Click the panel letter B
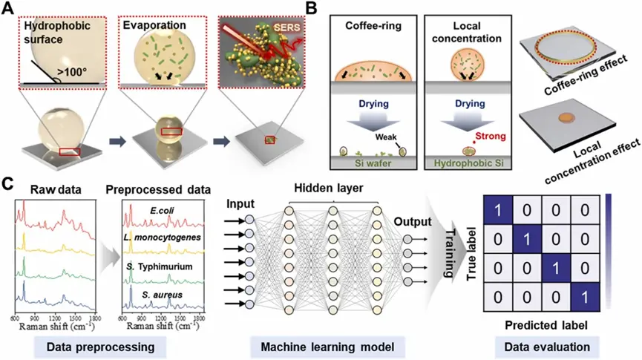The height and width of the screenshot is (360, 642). tap(315, 10)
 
